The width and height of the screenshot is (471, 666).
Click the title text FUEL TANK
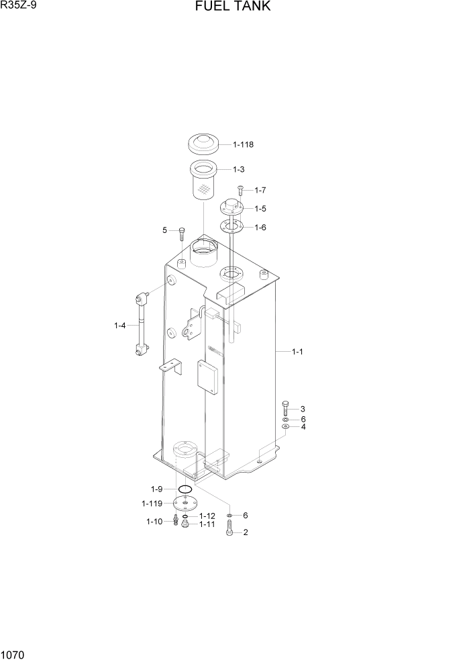click(x=233, y=7)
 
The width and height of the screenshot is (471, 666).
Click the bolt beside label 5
click(x=181, y=232)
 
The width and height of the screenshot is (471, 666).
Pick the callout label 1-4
click(x=120, y=326)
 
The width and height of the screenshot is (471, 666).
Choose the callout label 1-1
click(x=297, y=351)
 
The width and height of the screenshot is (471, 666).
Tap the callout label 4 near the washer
click(x=303, y=426)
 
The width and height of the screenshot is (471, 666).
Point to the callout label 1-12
click(x=207, y=516)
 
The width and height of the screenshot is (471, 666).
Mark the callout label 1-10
click(x=154, y=521)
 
